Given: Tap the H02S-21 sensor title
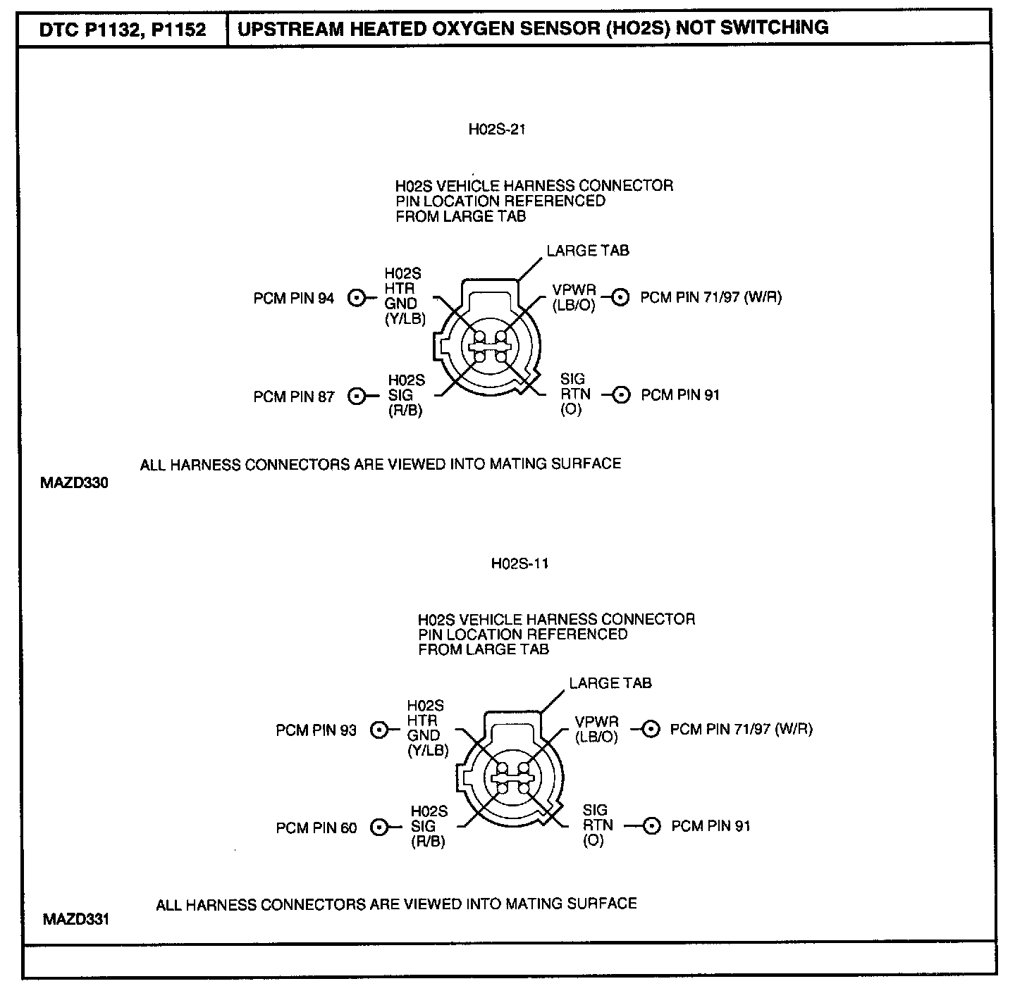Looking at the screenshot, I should (497, 130).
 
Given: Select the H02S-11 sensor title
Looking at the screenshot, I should (519, 563).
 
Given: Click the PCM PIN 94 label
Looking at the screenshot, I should (294, 298).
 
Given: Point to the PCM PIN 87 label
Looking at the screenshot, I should (294, 397).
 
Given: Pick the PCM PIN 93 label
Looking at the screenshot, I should (316, 730).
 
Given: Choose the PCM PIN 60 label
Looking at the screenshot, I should (316, 828).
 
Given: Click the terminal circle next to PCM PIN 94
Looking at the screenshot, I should (357, 298).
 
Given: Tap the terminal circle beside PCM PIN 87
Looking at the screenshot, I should (357, 397).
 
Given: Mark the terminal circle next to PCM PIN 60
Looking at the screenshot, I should (380, 828).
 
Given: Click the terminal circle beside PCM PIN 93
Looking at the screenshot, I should (380, 730).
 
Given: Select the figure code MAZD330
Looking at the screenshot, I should (74, 484).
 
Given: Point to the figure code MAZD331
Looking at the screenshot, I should (76, 919).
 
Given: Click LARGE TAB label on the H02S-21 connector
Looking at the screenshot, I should (588, 250).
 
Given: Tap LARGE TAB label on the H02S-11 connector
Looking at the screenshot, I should (610, 683).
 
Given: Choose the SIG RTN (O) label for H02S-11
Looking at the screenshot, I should (596, 825).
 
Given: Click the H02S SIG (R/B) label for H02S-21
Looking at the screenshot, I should (406, 396).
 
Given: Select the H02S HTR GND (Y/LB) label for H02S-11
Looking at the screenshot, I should (427, 728).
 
